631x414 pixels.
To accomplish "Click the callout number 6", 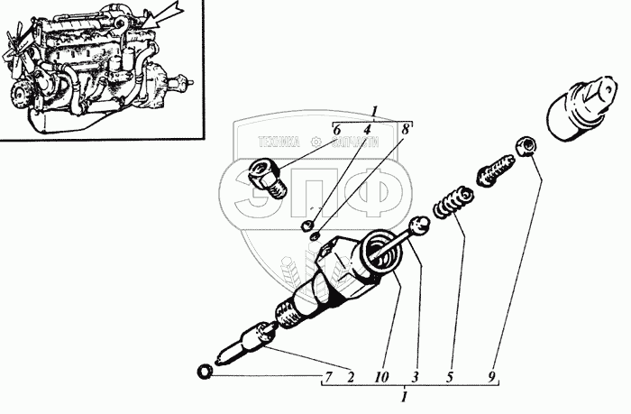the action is (x=336, y=131).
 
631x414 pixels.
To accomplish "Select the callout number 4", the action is (x=366, y=131).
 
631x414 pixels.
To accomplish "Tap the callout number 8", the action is (x=407, y=130).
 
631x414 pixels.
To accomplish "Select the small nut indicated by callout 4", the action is (x=308, y=224).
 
